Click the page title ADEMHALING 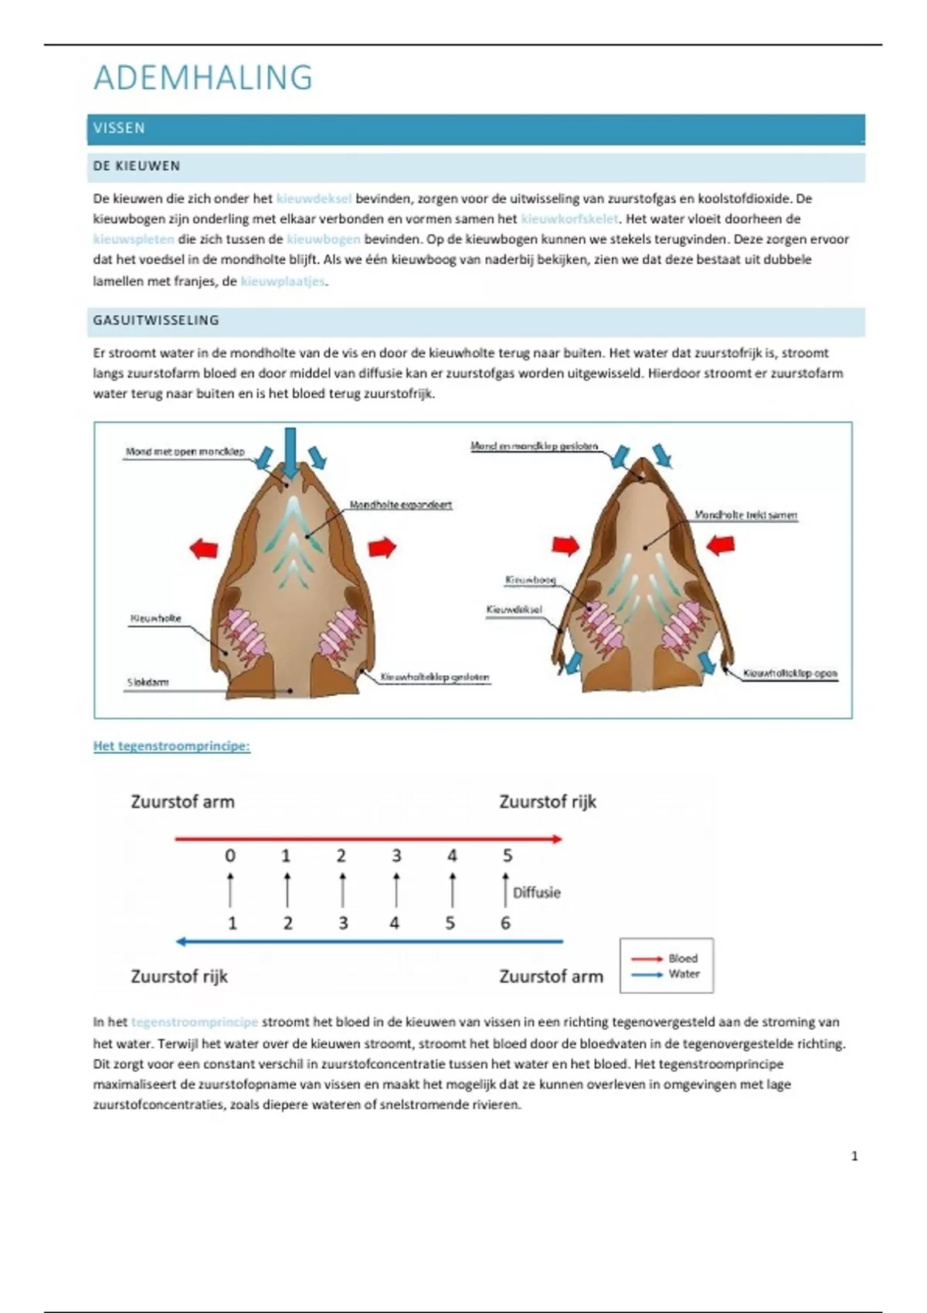click(x=203, y=78)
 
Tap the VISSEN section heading click(x=119, y=128)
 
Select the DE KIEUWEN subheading click(x=137, y=166)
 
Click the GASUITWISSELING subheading click(x=156, y=321)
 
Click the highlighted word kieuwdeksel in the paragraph click(x=314, y=198)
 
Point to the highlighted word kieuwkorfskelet click(x=569, y=219)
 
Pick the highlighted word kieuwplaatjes click(x=283, y=281)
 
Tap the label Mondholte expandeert click(x=400, y=505)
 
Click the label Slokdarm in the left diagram click(x=148, y=683)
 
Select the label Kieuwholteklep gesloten click(x=435, y=677)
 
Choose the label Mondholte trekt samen click(x=745, y=515)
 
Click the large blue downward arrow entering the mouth click(x=290, y=453)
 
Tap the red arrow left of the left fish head click(x=204, y=548)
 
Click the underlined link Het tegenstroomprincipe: click(x=171, y=746)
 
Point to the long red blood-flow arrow click(x=368, y=839)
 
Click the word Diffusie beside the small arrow click(x=537, y=893)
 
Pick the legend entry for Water click(x=683, y=974)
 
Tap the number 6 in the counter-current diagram click(x=505, y=923)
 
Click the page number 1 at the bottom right click(x=854, y=1156)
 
